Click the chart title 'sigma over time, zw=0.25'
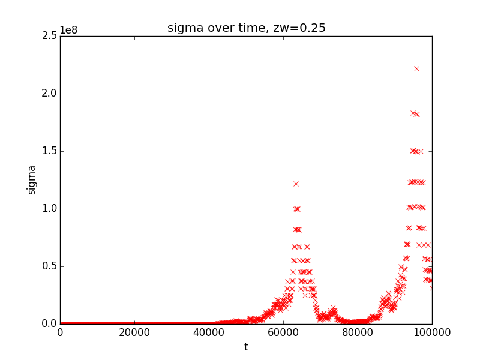coord(246,28)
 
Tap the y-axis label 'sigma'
coord(32,179)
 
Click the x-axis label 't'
coord(246,347)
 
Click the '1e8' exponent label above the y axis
coord(69,31)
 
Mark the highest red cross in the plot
coord(416,69)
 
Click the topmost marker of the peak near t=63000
coord(296,184)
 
